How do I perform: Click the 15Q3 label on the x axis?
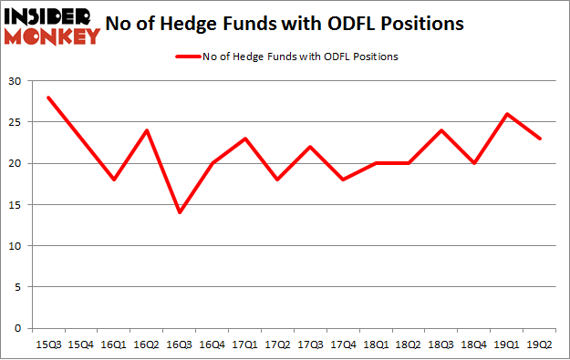click(x=49, y=345)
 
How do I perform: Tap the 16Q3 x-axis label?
click(x=180, y=345)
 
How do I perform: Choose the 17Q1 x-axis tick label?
click(x=244, y=345)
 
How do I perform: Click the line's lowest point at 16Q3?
click(x=180, y=212)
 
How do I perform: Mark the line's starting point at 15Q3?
click(x=49, y=98)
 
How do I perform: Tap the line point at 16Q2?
click(x=147, y=130)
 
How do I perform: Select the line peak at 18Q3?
click(x=440, y=130)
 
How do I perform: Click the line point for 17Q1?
click(x=244, y=139)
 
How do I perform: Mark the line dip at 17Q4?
click(x=343, y=180)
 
